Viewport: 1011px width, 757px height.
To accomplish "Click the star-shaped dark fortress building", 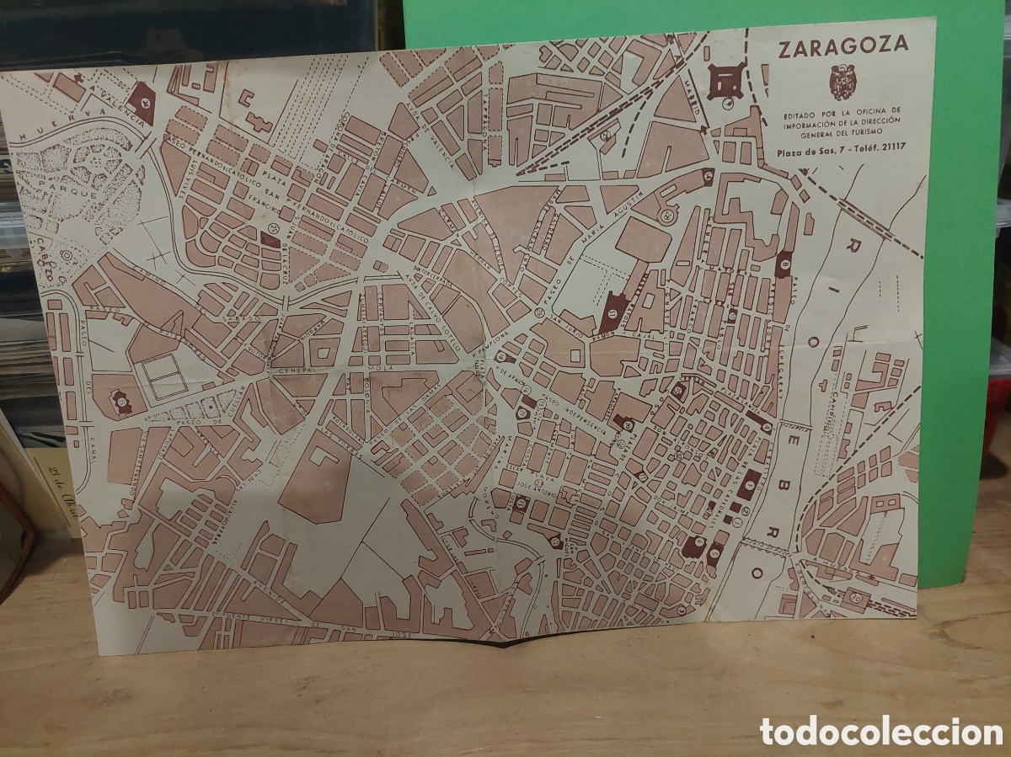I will pyautogui.click(x=725, y=81).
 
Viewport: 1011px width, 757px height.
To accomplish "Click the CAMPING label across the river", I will pyautogui.click(x=837, y=410).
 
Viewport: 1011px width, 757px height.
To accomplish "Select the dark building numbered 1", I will pyautogui.click(x=748, y=484).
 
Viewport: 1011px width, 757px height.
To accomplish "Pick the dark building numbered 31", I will pyautogui.click(x=613, y=312).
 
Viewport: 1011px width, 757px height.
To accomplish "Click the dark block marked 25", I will pyautogui.click(x=270, y=239).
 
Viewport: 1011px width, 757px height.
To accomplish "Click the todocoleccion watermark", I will pyautogui.click(x=881, y=731).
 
